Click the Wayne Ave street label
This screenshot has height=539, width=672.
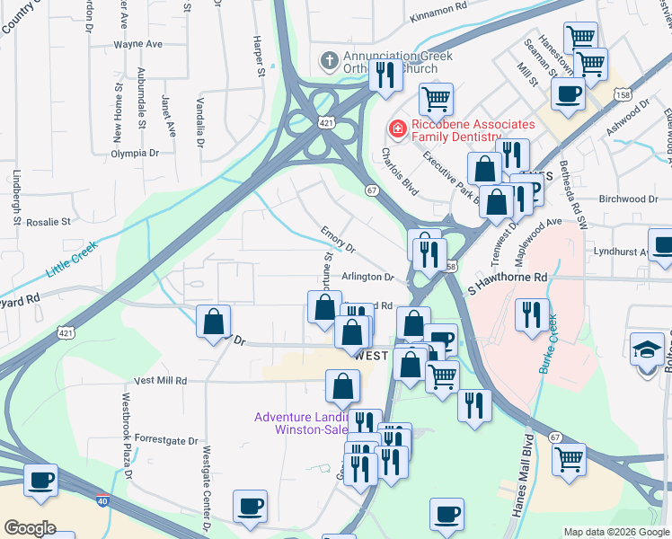pos(137,43)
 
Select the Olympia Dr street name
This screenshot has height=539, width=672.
pos(136,154)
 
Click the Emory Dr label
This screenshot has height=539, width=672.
pos(339,240)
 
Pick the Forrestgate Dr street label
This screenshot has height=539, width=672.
pos(164,440)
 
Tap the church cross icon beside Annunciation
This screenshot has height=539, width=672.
pos(328,60)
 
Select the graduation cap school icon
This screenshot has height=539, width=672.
pos(648,348)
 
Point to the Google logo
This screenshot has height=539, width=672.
pos(31,527)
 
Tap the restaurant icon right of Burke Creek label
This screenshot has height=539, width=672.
pos(532,314)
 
